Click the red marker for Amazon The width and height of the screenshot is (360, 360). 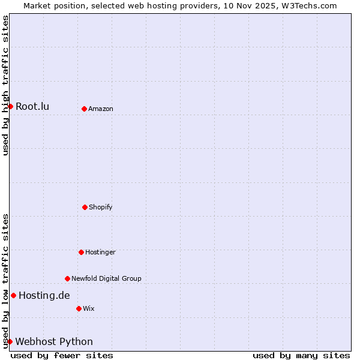click(84, 109)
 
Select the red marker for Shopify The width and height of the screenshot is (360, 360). click(85, 207)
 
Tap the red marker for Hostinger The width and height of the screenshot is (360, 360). click(81, 252)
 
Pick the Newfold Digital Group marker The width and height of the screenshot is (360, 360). click(67, 278)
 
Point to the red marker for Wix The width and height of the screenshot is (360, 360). click(79, 308)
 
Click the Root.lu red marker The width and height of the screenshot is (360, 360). click(10, 106)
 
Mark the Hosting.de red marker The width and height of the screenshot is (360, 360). click(13, 295)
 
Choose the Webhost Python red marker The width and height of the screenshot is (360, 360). click(10, 341)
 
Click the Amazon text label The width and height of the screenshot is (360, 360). click(101, 109)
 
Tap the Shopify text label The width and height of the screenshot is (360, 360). click(101, 208)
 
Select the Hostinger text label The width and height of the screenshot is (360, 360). click(100, 253)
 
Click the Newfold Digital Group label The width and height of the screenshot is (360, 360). click(106, 279)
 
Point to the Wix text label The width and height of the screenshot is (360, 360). click(89, 309)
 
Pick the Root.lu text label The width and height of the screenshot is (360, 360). click(32, 107)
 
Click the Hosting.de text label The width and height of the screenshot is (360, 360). click(44, 296)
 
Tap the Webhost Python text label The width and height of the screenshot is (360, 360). click(54, 342)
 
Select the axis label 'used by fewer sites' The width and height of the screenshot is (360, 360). click(62, 355)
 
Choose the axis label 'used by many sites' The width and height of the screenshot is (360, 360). click(301, 355)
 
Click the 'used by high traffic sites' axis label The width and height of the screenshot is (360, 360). click(5, 85)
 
